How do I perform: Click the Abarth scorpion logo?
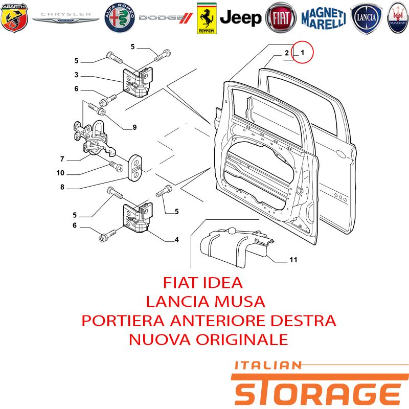pyautogui.click(x=14, y=18)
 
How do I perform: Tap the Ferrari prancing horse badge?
pyautogui.click(x=207, y=18)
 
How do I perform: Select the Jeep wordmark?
pyautogui.click(x=240, y=18)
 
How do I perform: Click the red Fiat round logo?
pyautogui.click(x=281, y=18)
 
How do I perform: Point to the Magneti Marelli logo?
pyautogui.click(x=324, y=18)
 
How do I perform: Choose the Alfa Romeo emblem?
pyautogui.click(x=120, y=18)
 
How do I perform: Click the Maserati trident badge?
pyautogui.click(x=398, y=18)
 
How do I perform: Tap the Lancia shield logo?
pyautogui.click(x=366, y=18)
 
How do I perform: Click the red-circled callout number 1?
pyautogui.click(x=302, y=53)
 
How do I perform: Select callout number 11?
pyautogui.click(x=293, y=260)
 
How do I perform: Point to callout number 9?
pyautogui.click(x=134, y=127)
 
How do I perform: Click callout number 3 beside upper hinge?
pyautogui.click(x=76, y=75)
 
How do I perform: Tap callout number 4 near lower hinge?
pyautogui.click(x=176, y=239)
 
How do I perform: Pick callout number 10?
pyautogui.click(x=60, y=173)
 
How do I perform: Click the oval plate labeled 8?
pyautogui.click(x=135, y=168)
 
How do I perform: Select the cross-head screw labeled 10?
pyautogui.click(x=116, y=166)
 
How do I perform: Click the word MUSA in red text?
pyautogui.click(x=240, y=302)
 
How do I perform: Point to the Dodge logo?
pyautogui.click(x=166, y=18)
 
